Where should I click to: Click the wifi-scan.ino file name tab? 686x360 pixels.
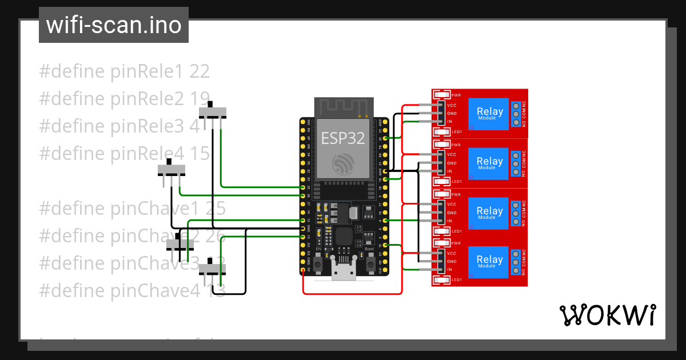[114, 25]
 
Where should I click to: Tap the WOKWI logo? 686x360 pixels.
[607, 315]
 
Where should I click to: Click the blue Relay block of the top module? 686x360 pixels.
[489, 113]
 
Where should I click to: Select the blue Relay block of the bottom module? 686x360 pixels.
[489, 261]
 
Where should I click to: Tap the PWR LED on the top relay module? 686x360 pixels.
[442, 95]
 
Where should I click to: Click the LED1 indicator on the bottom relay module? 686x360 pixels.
[442, 280]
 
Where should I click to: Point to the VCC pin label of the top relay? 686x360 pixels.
[452, 106]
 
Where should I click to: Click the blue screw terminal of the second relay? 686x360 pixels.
[516, 163]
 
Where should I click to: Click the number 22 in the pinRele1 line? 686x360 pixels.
[200, 71]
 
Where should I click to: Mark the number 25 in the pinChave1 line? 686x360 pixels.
[216, 209]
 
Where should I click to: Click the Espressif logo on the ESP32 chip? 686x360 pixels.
[343, 164]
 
